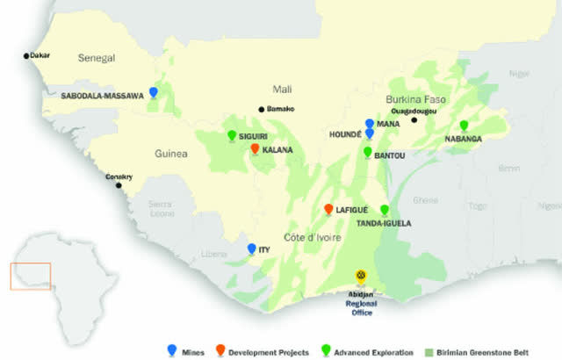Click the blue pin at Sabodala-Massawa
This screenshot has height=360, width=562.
[154, 91]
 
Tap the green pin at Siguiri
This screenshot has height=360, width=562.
[232, 135]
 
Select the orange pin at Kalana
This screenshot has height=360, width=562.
[255, 148]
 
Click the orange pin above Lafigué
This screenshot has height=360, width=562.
[328, 209]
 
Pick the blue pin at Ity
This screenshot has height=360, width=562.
[252, 248]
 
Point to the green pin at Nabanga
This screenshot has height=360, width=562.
[464, 125]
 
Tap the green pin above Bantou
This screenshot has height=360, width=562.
[368, 151]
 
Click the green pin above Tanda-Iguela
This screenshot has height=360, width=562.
[384, 209]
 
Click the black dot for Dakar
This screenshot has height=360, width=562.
[26, 55]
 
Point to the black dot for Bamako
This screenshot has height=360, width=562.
[261, 109]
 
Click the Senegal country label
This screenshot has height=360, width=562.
[97, 58]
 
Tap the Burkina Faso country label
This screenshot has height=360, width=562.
[415, 99]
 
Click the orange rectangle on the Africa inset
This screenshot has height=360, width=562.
[30, 276]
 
